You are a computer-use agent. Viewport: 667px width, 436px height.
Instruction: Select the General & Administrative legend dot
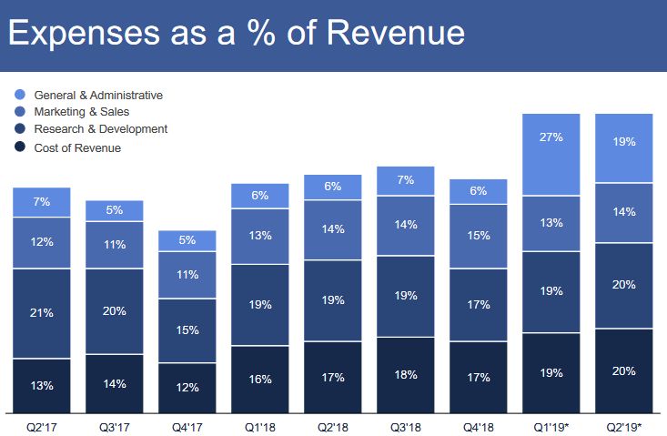(19, 94)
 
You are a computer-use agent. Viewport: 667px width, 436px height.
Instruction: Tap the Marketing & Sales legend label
(82, 111)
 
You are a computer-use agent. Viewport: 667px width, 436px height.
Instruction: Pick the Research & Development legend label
(101, 129)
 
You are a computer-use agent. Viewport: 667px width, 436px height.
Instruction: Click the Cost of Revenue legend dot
(19, 147)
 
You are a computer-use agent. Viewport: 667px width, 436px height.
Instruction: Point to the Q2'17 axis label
(42, 424)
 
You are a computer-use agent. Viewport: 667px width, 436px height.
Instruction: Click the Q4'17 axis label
(187, 424)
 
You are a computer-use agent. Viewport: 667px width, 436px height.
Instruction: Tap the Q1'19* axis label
(551, 424)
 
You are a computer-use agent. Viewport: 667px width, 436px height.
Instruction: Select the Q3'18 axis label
(406, 424)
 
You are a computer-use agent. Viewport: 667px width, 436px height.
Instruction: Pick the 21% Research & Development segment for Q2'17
(42, 313)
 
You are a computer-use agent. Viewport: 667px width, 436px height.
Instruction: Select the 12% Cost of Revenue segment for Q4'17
(187, 388)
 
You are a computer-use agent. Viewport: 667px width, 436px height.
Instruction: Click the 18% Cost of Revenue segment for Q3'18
(406, 374)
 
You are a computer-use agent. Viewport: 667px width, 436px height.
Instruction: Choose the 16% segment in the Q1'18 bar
(260, 379)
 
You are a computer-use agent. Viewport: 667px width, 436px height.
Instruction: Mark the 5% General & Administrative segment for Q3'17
(115, 210)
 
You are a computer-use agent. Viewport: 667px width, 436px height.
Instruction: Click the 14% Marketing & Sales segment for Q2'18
(333, 229)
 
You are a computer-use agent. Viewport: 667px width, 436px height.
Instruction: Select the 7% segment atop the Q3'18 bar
(406, 181)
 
